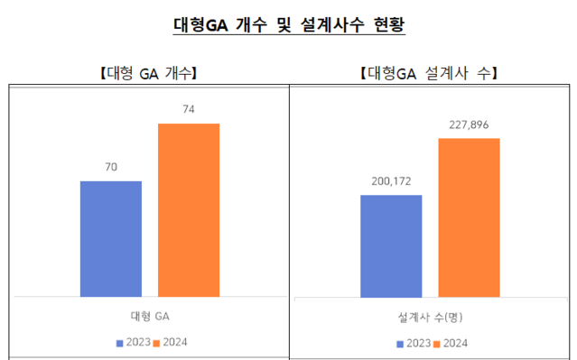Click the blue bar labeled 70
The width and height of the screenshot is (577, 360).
point(110,238)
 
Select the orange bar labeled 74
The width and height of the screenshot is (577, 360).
point(189,209)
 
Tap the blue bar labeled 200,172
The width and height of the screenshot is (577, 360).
point(391,245)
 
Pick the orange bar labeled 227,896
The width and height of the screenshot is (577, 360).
point(469,217)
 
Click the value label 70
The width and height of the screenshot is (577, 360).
point(110,167)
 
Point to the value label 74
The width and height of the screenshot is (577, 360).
point(189,109)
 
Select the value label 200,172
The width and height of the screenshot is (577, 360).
point(391,181)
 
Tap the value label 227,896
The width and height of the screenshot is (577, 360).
point(469,125)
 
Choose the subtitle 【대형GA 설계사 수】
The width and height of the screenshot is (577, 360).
point(429,73)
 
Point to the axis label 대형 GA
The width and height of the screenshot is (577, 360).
point(150,316)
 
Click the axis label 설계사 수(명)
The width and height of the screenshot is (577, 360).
point(430,317)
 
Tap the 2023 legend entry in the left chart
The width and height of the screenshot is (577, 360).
point(134,342)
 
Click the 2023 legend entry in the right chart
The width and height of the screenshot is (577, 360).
point(414,343)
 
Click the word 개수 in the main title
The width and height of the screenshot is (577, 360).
point(252,25)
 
